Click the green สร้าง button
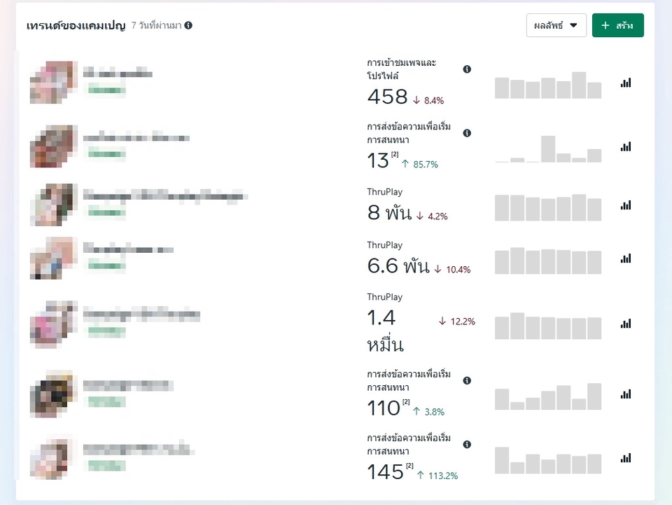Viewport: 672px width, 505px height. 617,25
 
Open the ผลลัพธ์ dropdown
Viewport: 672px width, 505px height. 556,25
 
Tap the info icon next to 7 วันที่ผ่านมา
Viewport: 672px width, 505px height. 188,25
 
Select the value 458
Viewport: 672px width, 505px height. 387,97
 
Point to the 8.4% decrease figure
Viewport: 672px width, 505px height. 428,100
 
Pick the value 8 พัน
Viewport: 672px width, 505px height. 389,213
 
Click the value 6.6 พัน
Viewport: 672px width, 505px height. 398,265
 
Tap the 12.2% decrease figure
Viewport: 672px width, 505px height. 456,321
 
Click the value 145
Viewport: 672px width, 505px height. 386,472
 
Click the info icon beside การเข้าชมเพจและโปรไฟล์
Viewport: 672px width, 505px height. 467,69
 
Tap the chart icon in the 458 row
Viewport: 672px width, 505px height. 625,83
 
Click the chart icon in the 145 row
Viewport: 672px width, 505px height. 625,458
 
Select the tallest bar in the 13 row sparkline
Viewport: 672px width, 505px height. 548,149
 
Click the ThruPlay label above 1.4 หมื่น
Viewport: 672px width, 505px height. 384,297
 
